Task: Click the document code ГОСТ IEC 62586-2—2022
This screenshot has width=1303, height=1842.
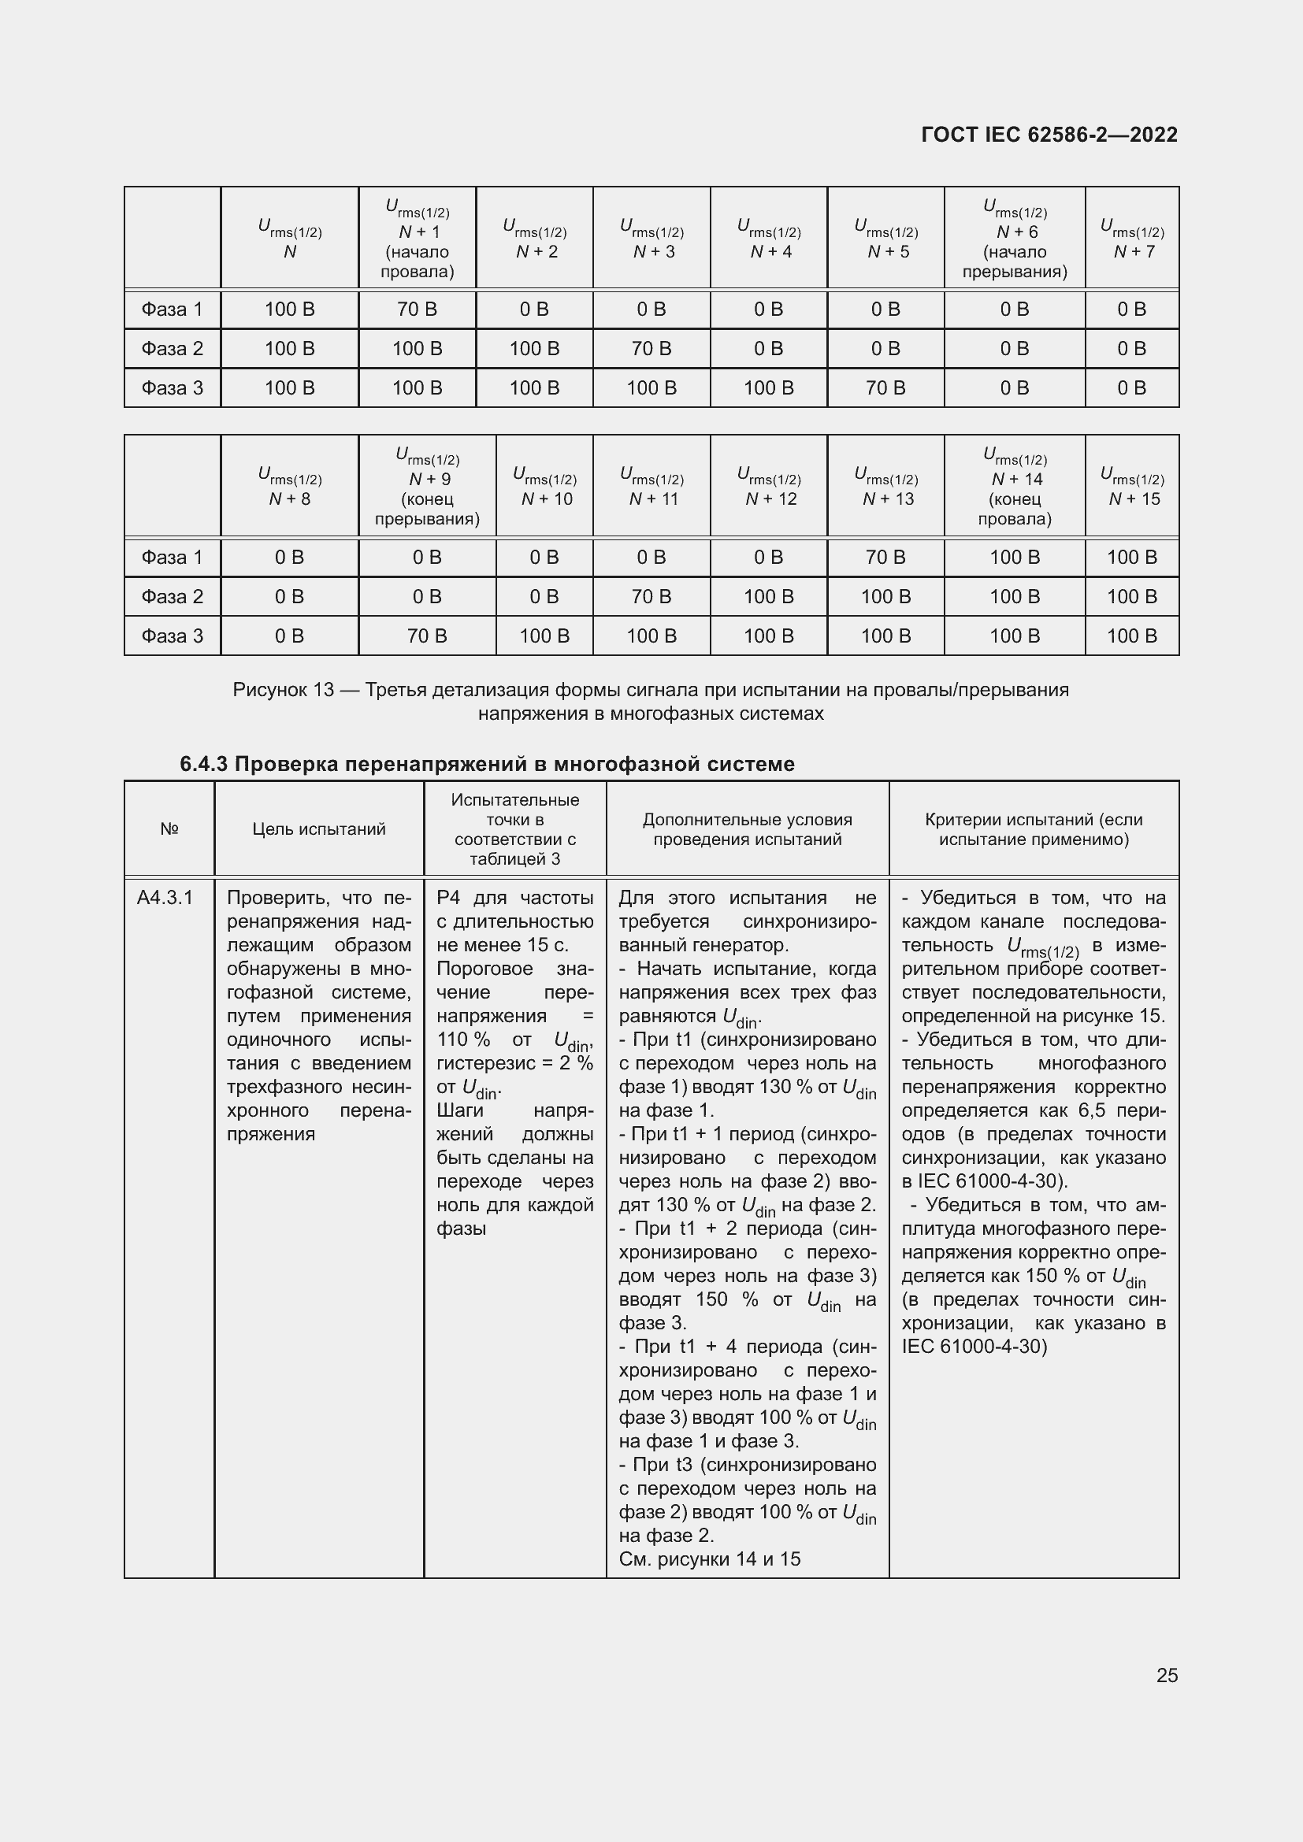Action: click(x=1049, y=135)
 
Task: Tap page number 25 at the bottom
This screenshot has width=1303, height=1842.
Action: click(x=1167, y=1675)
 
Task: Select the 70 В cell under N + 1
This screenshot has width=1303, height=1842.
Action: click(x=417, y=309)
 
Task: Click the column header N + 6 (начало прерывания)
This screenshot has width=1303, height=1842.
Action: click(x=1014, y=238)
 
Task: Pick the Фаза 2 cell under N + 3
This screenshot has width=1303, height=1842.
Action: click(x=651, y=348)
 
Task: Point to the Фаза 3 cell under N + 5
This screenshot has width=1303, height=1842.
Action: click(x=885, y=387)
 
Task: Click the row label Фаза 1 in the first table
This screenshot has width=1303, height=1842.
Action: click(x=172, y=309)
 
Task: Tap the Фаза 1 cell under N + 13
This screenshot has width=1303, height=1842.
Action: click(x=885, y=557)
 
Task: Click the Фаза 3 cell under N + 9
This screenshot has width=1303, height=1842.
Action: click(x=427, y=636)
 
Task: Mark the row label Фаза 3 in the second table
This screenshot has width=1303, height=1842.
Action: click(x=172, y=636)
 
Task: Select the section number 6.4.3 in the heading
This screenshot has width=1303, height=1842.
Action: click(x=204, y=764)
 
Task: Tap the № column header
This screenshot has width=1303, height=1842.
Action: click(x=169, y=828)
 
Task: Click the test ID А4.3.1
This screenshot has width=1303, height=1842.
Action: click(x=165, y=898)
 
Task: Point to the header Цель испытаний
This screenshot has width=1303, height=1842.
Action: click(x=318, y=828)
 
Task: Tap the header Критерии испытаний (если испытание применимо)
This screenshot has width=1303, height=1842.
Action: click(x=1034, y=828)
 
